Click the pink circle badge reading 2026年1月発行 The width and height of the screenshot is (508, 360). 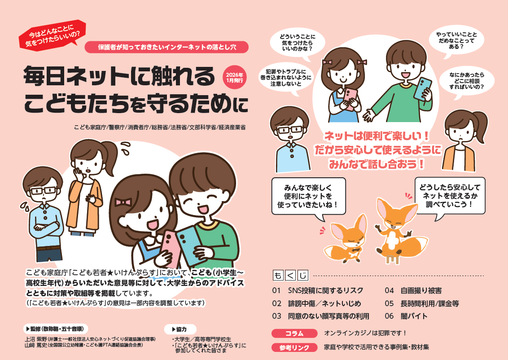(x=234, y=78)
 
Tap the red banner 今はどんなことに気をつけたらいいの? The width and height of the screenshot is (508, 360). (x=52, y=35)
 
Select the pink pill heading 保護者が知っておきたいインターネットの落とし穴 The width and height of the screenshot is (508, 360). (x=166, y=47)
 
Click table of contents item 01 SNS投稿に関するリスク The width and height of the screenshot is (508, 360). (x=318, y=290)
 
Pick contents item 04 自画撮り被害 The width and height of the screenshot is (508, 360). (x=413, y=290)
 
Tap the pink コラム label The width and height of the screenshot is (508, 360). (x=294, y=333)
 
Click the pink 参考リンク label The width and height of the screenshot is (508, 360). (x=294, y=347)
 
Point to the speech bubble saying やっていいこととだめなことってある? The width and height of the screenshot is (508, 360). (x=456, y=40)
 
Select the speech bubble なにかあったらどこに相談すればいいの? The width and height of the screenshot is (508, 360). (x=467, y=81)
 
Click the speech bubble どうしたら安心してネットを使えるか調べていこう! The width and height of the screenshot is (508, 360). (x=450, y=196)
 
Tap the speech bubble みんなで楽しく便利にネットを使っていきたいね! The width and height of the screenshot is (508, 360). (x=308, y=196)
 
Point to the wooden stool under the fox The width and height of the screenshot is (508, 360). (x=392, y=259)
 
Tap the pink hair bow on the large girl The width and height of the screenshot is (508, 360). (x=123, y=202)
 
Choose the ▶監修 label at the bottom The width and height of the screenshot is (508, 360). (x=55, y=329)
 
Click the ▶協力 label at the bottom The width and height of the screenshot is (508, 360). (x=180, y=329)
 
